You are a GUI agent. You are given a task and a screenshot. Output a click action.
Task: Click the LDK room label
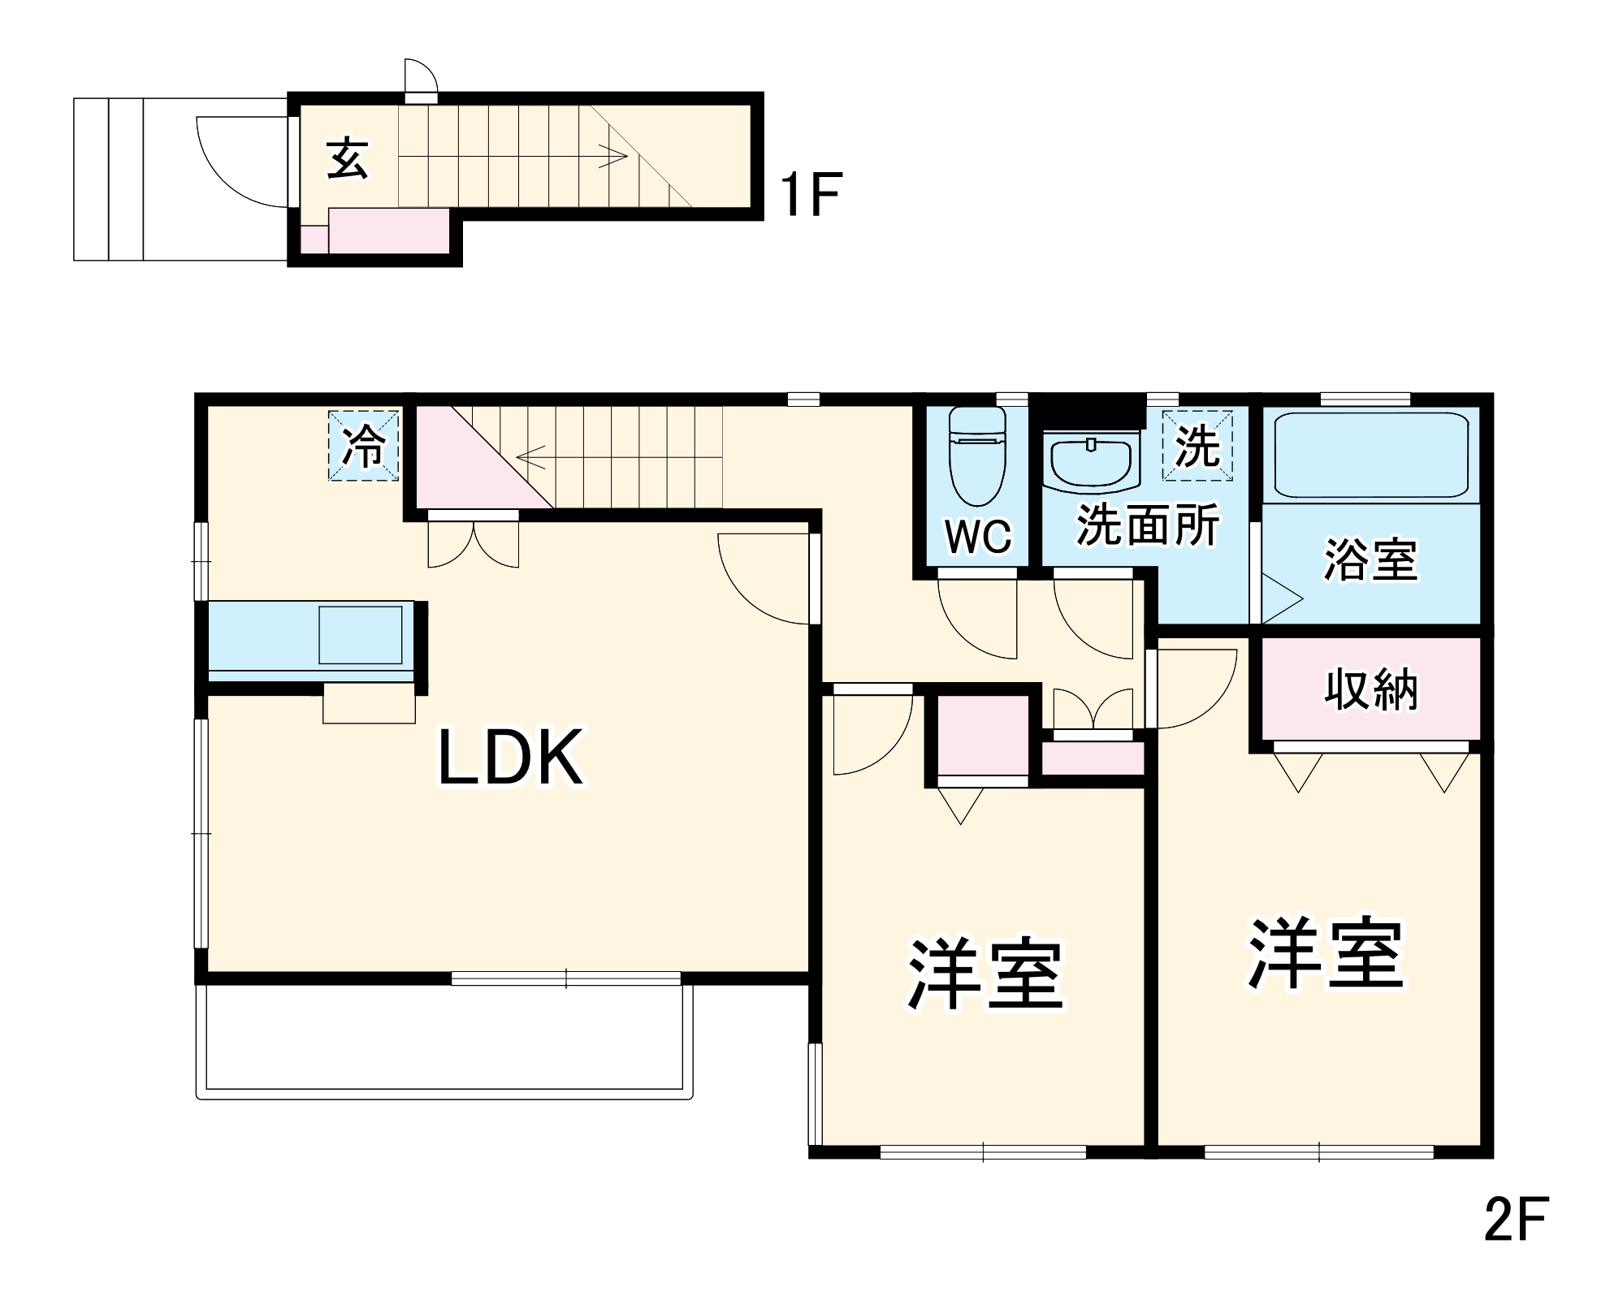click(510, 758)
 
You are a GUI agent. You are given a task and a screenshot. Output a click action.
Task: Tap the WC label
click(978, 536)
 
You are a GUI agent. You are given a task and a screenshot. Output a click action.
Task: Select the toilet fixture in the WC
click(977, 467)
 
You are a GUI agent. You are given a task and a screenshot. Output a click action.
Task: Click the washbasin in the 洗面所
click(1092, 463)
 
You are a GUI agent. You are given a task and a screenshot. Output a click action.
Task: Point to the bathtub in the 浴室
click(1371, 456)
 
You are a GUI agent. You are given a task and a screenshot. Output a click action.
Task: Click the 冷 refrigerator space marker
click(363, 446)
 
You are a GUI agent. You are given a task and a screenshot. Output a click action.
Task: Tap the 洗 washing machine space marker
click(1197, 446)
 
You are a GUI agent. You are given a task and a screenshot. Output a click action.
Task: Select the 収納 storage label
click(1371, 690)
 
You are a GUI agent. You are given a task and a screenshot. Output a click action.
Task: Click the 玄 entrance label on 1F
click(348, 158)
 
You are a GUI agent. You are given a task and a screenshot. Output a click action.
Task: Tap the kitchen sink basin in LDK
click(360, 634)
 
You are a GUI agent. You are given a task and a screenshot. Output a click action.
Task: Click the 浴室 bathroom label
click(1371, 559)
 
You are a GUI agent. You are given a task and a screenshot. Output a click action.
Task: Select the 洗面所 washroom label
click(1148, 525)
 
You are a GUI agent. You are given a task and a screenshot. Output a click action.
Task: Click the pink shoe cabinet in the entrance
click(388, 231)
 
